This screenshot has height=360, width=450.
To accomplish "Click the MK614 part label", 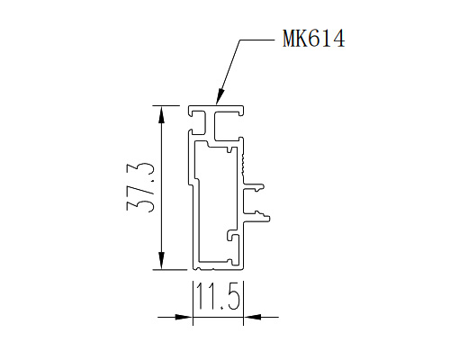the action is pyautogui.click(x=313, y=38).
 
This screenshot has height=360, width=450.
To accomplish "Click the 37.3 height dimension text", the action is pyautogui.click(x=140, y=188).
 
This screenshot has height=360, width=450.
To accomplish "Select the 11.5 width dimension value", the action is pyautogui.click(x=219, y=296).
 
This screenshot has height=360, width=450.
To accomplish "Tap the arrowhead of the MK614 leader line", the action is pyautogui.click(x=220, y=97).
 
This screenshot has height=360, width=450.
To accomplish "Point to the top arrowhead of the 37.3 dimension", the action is pyautogui.click(x=161, y=114).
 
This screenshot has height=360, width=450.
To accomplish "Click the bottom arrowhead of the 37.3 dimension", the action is pyautogui.click(x=161, y=261).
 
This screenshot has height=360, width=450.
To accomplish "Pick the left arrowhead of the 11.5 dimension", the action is pyautogui.click(x=184, y=317).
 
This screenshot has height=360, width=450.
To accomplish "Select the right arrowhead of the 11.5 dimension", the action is pyautogui.click(x=252, y=317).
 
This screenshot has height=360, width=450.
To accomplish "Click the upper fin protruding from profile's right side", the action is pyautogui.click(x=254, y=186).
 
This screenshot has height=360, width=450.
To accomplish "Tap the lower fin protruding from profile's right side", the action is pyautogui.click(x=256, y=217).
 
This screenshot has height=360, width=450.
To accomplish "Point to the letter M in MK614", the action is pyautogui.click(x=289, y=38).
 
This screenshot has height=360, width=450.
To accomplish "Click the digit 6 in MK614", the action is pyautogui.click(x=313, y=38).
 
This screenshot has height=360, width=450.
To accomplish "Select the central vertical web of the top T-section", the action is pyautogui.click(x=210, y=125).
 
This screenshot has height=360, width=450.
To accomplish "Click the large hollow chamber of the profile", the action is pyautogui.click(x=217, y=204).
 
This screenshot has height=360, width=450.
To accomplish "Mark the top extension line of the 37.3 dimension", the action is pyautogui.click(x=166, y=105).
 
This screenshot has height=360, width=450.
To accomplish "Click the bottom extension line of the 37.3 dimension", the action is pyautogui.click(x=169, y=270).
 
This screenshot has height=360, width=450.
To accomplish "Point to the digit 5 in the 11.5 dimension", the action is pyautogui.click(x=233, y=296).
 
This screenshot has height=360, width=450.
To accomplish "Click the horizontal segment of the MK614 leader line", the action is pyautogui.click(x=256, y=40).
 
